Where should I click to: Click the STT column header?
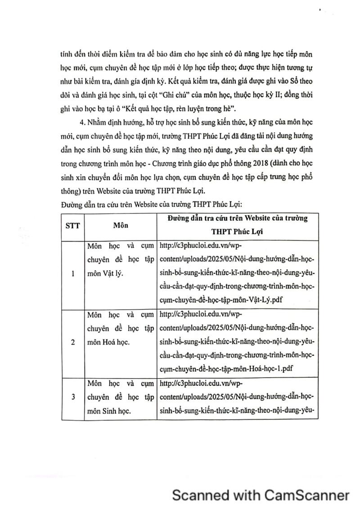[72, 226]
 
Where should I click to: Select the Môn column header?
[120, 226]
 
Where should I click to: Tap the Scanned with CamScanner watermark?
[261, 495]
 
